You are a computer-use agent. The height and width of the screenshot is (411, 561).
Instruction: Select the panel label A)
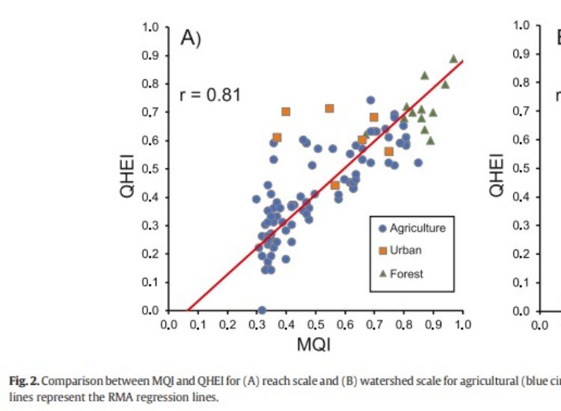click(x=191, y=40)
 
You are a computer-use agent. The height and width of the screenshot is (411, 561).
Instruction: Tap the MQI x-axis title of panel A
click(x=314, y=344)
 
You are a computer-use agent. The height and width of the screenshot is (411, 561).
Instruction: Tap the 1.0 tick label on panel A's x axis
click(x=462, y=324)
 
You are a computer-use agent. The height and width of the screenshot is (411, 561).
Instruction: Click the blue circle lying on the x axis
click(x=262, y=310)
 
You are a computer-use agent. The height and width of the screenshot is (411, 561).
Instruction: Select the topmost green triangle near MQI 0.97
click(x=453, y=58)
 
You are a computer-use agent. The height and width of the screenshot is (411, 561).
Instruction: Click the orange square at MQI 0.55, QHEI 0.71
click(x=329, y=108)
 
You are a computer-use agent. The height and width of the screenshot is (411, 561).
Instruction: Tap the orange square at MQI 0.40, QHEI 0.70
click(x=286, y=111)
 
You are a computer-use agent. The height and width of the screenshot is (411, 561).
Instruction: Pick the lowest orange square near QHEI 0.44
click(x=335, y=185)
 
